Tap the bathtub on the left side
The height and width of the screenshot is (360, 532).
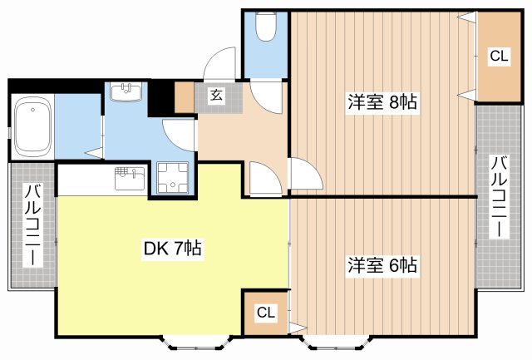pos(32,127)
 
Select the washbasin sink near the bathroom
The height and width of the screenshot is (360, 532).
pos(126,92)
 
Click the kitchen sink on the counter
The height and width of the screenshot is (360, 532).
pos(131,178)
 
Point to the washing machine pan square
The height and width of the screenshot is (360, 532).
pos(172,178)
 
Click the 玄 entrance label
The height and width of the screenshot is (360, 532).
pos(217,96)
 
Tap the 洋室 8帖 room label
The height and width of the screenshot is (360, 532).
pos(382,101)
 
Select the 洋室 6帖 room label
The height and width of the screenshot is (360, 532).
pos(382,265)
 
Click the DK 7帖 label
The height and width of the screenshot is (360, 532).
pos(173,249)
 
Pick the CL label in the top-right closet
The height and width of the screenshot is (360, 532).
pos(499,56)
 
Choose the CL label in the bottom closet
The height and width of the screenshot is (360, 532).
pos(266,312)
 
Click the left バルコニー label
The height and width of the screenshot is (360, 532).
pos(32,225)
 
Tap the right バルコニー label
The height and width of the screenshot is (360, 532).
pos(500,197)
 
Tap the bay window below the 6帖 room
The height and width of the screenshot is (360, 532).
pos(336,343)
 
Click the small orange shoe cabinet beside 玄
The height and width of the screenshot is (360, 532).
pos(185,97)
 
